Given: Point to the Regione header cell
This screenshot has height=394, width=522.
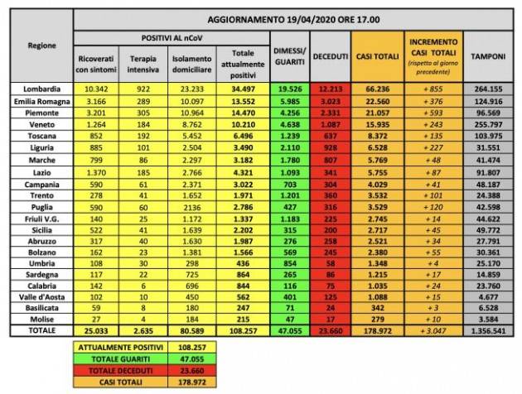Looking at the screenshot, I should coord(41,45).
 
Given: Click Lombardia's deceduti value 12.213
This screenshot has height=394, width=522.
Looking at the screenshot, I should coord(331,87).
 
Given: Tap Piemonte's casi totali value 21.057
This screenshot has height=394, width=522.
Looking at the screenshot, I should coord(376,111).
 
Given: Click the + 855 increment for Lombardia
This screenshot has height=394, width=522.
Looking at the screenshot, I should coord(432,87).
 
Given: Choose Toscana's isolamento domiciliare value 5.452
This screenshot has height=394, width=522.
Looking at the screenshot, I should coord(193,136).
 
